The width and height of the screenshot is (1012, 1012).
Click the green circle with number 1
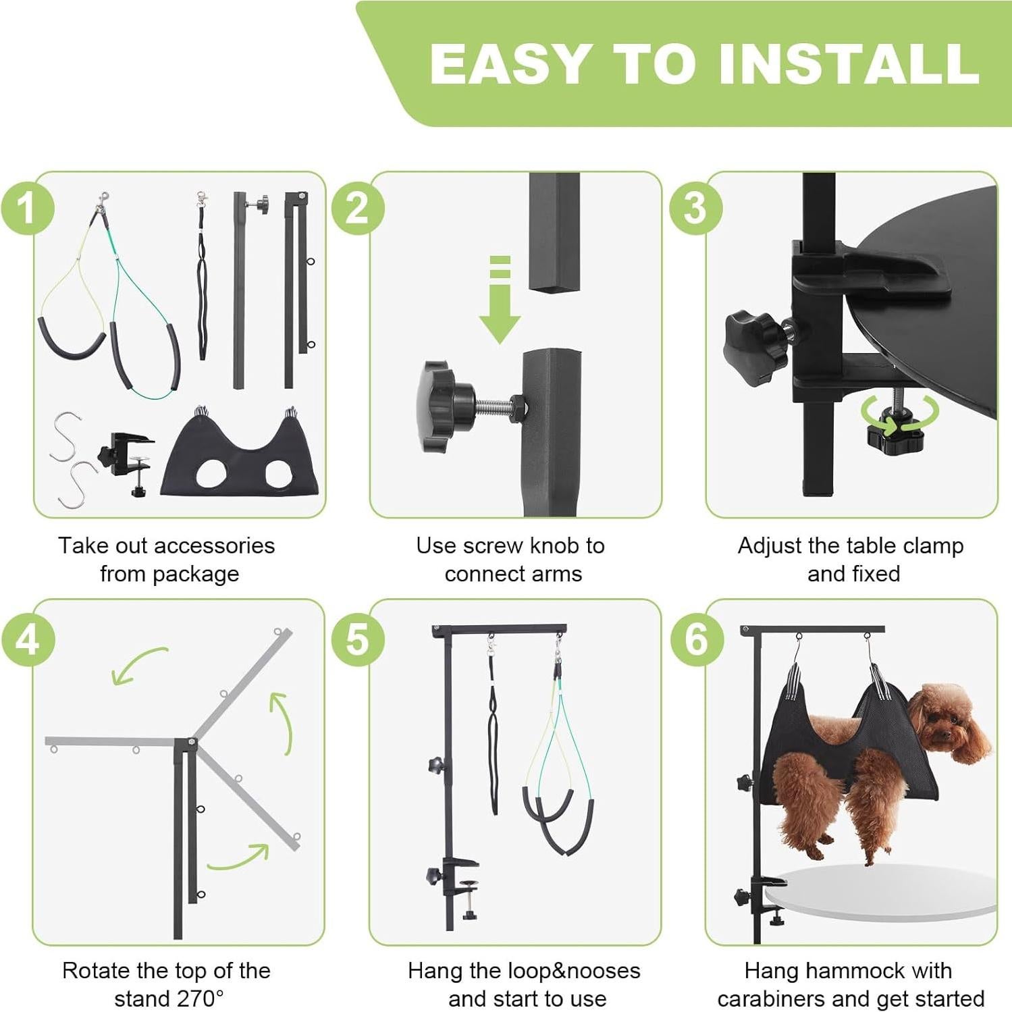[x=28, y=208]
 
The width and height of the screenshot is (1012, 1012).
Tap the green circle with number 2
[x=358, y=208]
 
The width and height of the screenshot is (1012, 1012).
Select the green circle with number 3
[x=696, y=208]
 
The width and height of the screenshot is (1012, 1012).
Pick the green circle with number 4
[x=28, y=639]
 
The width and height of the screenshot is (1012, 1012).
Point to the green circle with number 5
[x=358, y=639]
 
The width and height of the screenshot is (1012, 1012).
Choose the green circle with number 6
[x=697, y=639]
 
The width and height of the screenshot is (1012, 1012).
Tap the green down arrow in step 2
[x=500, y=300]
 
